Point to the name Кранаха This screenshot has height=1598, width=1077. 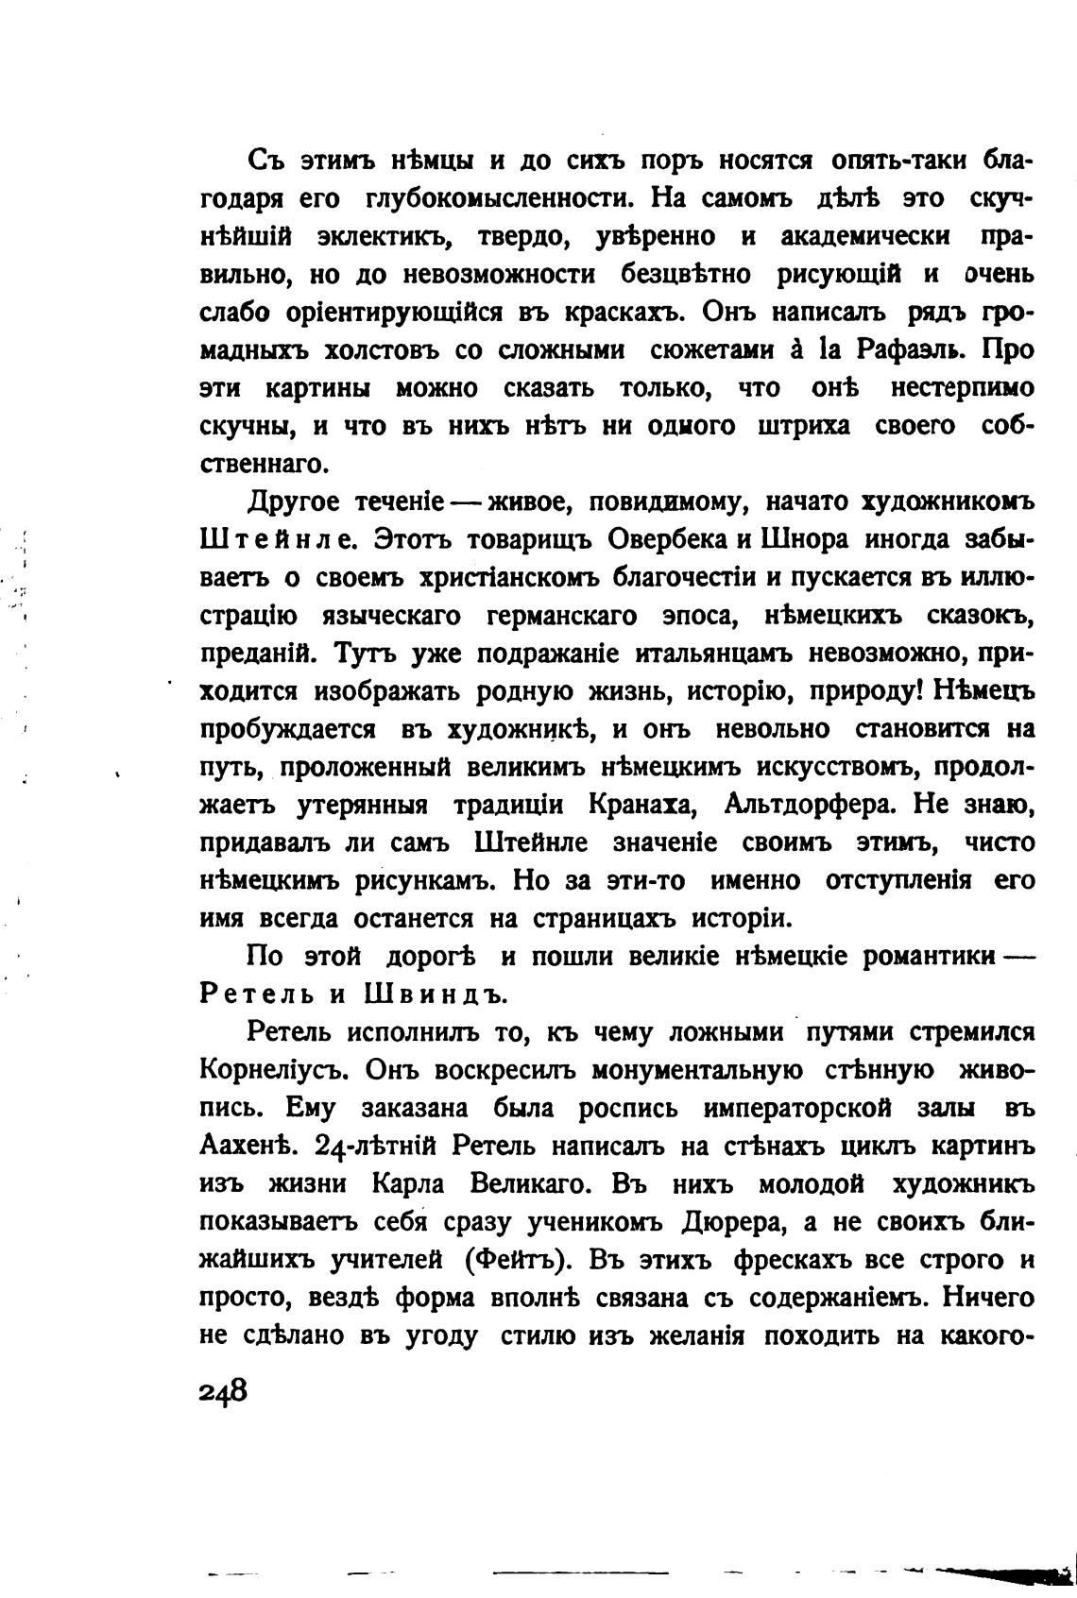644,805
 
